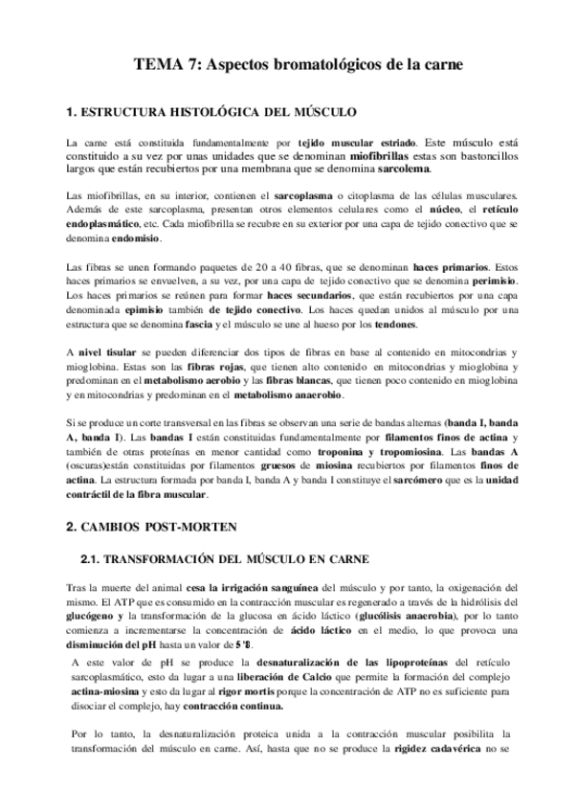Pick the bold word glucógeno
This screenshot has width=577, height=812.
click(96, 616)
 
